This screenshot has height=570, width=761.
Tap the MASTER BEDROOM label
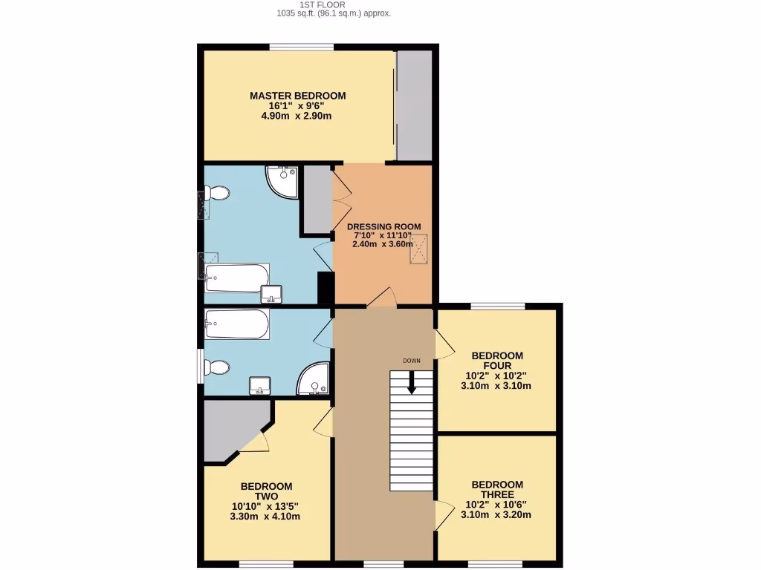tap(297, 96)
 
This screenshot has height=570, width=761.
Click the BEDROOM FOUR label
tap(497, 361)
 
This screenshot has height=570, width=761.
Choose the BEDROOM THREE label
tap(497, 490)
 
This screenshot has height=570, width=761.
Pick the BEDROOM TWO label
tap(266, 491)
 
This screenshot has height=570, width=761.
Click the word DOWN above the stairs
tap(412, 361)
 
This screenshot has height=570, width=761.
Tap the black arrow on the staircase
tap(411, 383)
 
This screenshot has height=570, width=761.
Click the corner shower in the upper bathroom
tap(282, 181)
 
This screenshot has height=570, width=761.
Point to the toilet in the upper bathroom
tap(217, 194)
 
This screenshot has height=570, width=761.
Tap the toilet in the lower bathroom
tap(218, 367)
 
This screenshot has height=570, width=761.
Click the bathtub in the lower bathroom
tap(237, 324)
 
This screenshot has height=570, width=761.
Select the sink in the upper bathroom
tap(271, 294)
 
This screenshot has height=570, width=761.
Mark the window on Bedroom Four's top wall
tap(497, 306)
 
